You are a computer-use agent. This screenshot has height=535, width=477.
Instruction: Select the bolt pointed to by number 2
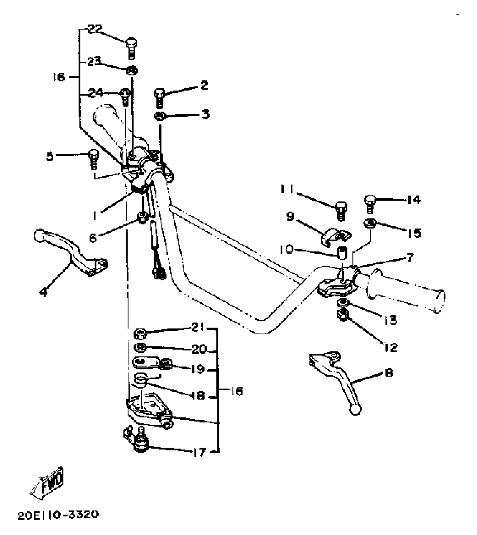click(x=159, y=97)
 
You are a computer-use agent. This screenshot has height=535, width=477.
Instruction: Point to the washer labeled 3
click(x=159, y=116)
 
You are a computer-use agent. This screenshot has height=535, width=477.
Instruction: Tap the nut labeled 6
click(x=142, y=217)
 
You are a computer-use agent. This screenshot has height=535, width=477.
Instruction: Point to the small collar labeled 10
click(x=341, y=252)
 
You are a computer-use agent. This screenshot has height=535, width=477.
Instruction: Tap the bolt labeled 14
click(x=370, y=203)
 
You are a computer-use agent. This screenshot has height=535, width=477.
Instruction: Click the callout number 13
click(x=391, y=319)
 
